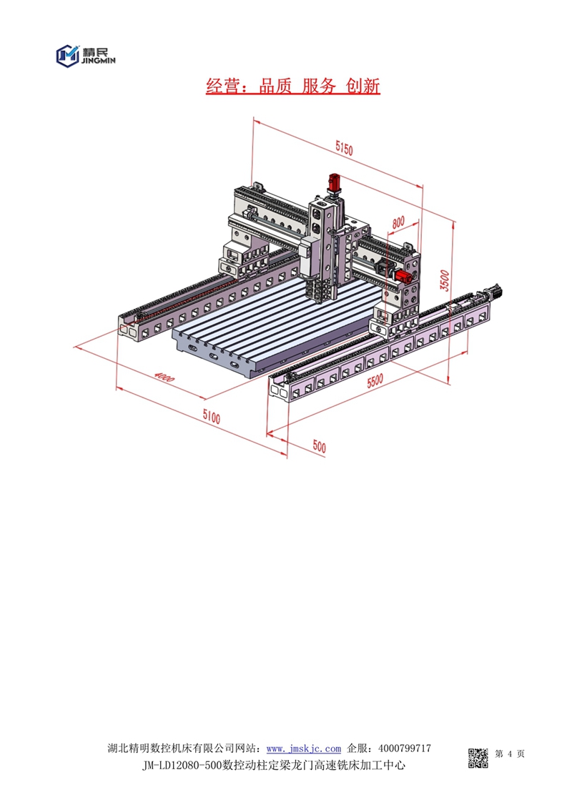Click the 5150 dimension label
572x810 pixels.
344,149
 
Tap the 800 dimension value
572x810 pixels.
398,222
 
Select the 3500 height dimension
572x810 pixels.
445,280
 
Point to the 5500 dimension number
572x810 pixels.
375,381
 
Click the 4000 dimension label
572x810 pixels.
164,377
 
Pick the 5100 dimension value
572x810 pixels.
212,416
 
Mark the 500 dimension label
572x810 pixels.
320,447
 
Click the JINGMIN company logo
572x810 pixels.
86,55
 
